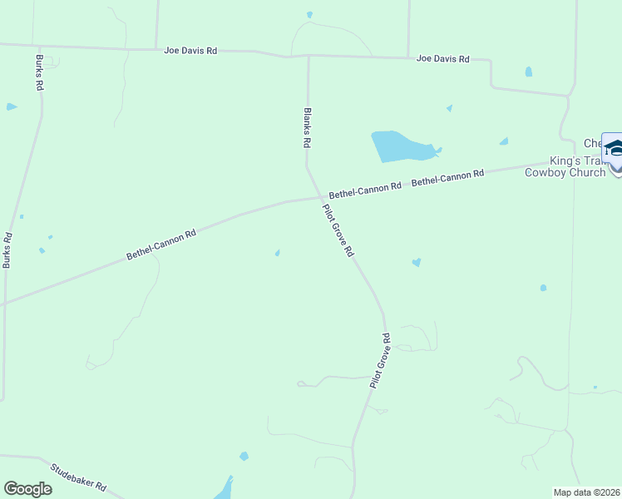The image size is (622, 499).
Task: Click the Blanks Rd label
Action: [x=307, y=128]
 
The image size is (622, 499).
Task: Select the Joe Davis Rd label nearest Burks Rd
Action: [x=190, y=51]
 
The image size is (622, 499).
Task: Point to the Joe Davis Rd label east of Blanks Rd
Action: [x=443, y=59]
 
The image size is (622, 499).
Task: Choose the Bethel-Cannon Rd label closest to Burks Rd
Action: [x=161, y=245]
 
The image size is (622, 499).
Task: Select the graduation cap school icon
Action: [x=614, y=148]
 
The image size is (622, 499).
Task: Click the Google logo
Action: [x=27, y=489]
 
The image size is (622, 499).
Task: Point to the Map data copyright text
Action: [x=586, y=492]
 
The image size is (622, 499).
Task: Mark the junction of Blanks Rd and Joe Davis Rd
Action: [x=309, y=57]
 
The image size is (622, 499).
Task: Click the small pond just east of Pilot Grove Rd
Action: [x=416, y=263]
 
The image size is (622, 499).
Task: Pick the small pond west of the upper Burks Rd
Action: [x=11, y=106]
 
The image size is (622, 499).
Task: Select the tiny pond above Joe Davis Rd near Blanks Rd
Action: [x=309, y=14]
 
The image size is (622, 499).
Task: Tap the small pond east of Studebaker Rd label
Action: [x=244, y=456]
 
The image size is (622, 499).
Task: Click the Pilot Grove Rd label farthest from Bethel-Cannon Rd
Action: [x=380, y=361]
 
